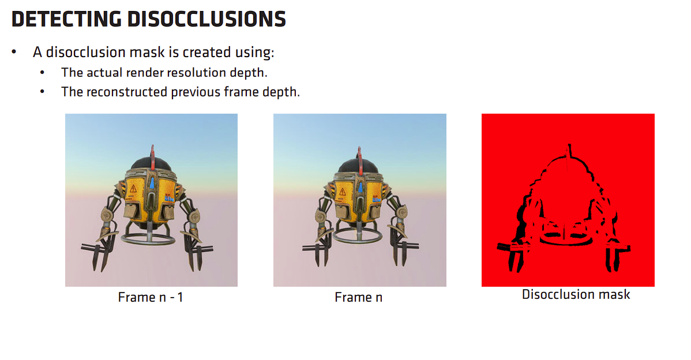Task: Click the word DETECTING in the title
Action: click(66, 20)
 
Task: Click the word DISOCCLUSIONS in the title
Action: click(206, 20)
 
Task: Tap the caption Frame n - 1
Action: click(151, 298)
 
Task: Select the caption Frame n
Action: click(358, 298)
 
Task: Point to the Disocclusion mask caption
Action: click(576, 294)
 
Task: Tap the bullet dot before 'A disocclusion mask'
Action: click(14, 52)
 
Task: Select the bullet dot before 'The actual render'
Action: click(42, 72)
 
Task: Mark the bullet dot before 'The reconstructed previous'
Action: click(42, 92)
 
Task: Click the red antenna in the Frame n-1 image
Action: click(152, 159)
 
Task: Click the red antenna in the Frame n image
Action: click(359, 159)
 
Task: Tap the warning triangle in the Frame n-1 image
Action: click(133, 189)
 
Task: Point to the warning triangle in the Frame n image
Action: click(343, 191)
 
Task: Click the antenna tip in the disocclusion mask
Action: click(569, 145)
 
